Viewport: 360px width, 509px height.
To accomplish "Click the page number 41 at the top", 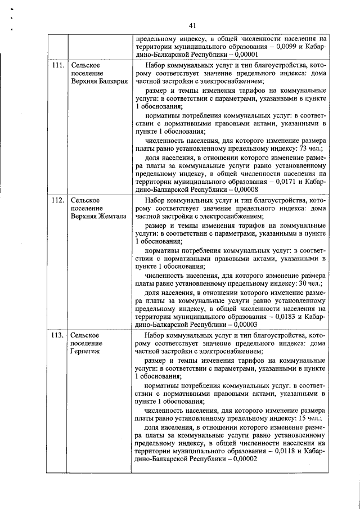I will pyautogui.click(x=192, y=25).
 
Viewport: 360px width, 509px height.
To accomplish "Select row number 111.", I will pyautogui.click(x=57, y=66).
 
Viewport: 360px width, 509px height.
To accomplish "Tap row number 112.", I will pyautogui.click(x=57, y=200).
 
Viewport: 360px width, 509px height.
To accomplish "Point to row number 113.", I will pyautogui.click(x=57, y=335).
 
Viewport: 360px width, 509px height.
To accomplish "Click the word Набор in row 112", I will pyautogui.click(x=156, y=200).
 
